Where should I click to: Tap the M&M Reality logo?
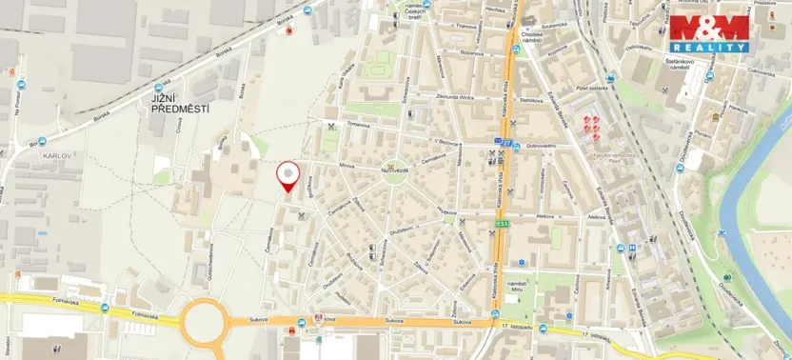coord(710,33)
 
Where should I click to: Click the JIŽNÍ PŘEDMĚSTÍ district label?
coord(179,104)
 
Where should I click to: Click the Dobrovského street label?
coord(542,144)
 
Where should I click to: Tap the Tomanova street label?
coord(357,125)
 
